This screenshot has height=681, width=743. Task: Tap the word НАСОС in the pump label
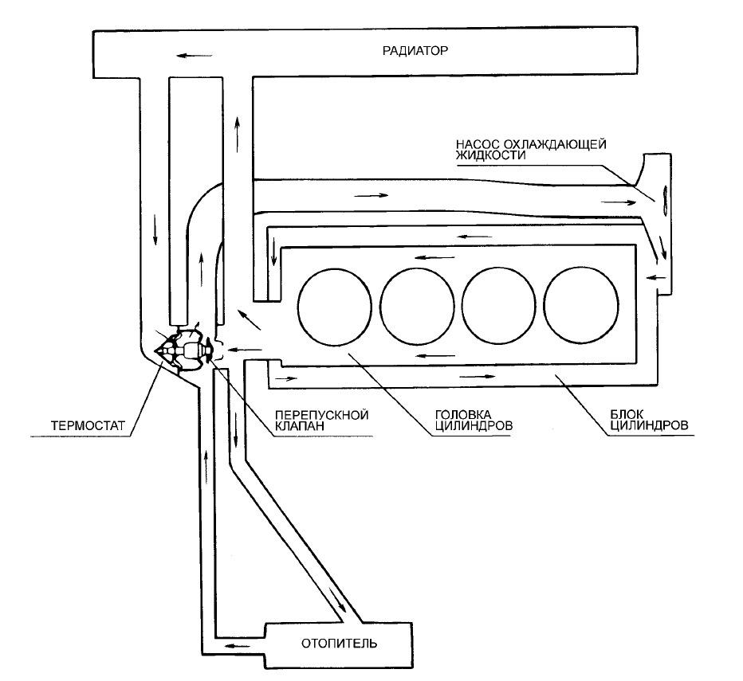pyautogui.click(x=474, y=144)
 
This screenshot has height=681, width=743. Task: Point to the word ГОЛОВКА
pyautogui.click(x=463, y=415)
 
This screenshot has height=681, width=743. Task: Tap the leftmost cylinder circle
pyautogui.click(x=334, y=305)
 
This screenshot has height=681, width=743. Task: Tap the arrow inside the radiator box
pyautogui.click(x=195, y=56)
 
